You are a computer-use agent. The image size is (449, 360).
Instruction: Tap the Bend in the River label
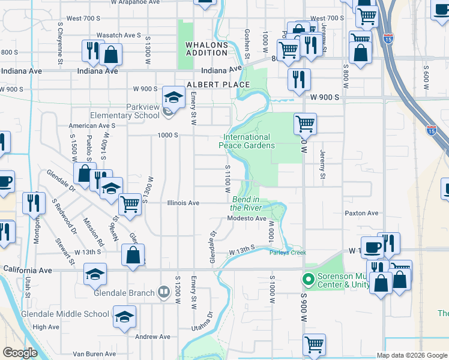click(246, 203)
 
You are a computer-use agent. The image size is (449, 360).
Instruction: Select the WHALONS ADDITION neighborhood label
click(207, 49)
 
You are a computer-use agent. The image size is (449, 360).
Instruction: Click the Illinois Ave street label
click(182, 203)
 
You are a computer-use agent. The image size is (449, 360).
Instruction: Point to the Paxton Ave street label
click(361, 213)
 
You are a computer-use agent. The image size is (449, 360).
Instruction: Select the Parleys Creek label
click(287, 253)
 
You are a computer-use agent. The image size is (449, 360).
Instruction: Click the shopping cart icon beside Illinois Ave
click(130, 204)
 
